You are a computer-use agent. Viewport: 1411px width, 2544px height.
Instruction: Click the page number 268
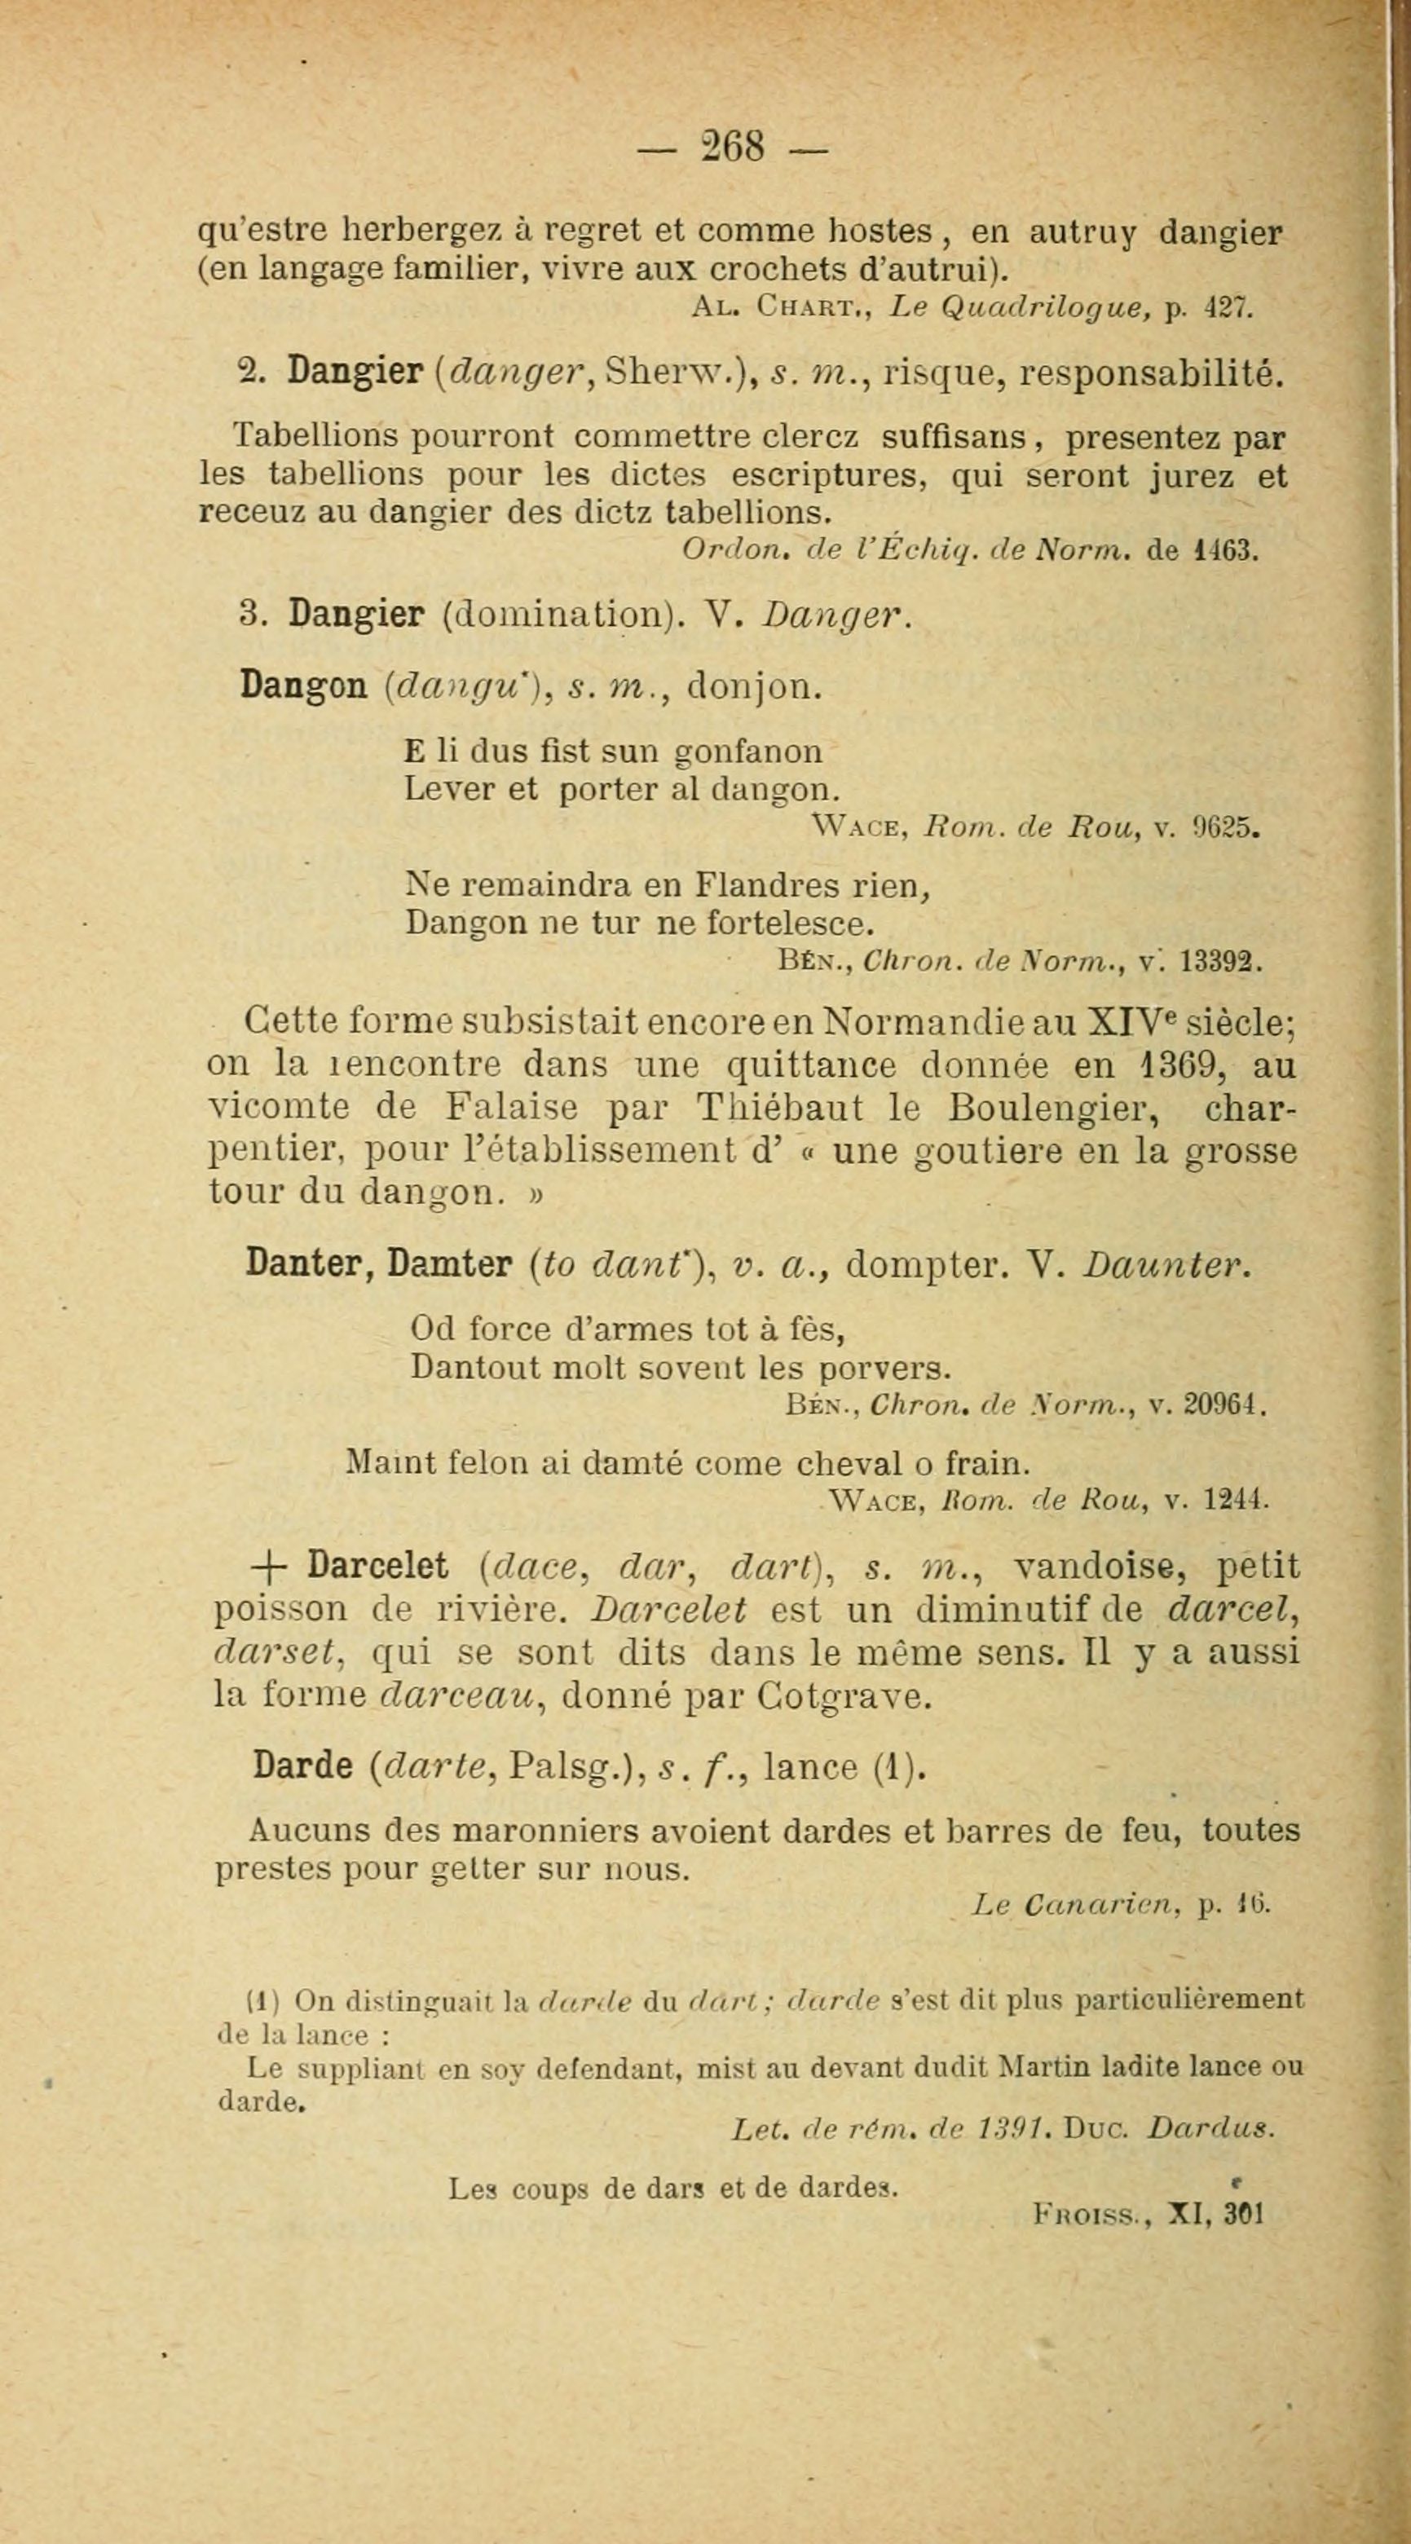pos(733,148)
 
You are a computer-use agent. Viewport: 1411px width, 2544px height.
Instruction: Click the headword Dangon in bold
pos(303,686)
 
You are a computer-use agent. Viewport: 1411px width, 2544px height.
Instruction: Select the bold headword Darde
pos(302,1765)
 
